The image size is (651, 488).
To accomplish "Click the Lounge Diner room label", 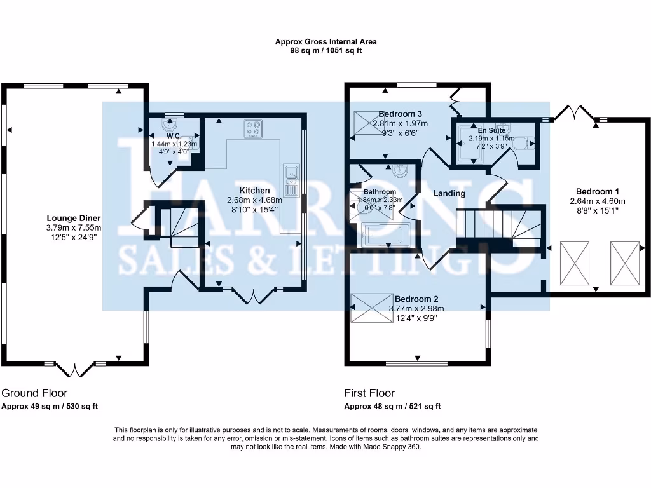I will coord(74,217).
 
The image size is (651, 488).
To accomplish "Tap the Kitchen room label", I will coord(254,190).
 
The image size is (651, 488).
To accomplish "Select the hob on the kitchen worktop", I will coord(253,130).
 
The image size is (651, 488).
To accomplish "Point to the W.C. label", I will coord(174,135).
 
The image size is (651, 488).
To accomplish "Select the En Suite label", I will coord(492,130).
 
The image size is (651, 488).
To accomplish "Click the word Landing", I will coord(449,193).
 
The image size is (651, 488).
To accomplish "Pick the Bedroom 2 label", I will coord(416,299).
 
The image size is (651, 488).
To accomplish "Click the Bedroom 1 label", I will coord(598,191).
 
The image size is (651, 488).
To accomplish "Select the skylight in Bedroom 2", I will coord(371,308).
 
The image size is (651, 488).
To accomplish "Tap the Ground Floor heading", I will coord(34,393).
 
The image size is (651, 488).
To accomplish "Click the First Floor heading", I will coord(369,393).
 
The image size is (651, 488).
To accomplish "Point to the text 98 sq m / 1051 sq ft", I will coord(325,51).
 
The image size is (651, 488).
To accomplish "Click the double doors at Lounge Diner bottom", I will coord(74,369).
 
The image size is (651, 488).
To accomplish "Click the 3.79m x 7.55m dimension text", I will coord(74,227).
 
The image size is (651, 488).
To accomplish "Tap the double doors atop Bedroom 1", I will coord(574,113).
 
